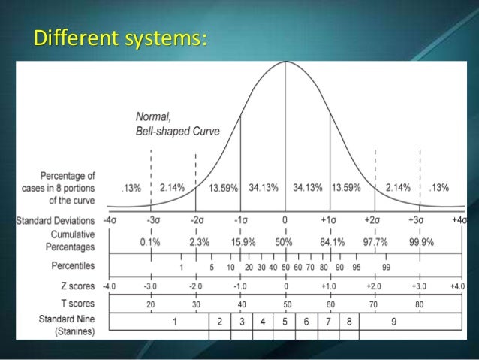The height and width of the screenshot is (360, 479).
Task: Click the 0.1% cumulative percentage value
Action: (x=149, y=242)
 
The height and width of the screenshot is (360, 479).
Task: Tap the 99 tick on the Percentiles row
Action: (x=385, y=267)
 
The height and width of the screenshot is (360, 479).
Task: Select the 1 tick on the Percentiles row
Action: (x=181, y=267)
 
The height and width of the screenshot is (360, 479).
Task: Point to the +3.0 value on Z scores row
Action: (x=419, y=286)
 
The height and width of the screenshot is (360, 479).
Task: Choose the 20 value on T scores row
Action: (x=150, y=306)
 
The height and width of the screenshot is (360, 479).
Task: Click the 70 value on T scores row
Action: (x=374, y=306)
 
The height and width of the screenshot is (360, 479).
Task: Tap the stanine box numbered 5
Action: (x=285, y=322)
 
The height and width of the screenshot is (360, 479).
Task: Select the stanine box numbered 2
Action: (x=219, y=322)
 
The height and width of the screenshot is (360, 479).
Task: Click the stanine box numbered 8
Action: (x=349, y=322)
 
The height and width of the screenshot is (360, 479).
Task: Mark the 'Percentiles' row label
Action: (x=73, y=266)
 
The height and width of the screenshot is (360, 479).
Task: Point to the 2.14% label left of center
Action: (x=172, y=187)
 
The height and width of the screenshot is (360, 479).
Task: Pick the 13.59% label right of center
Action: (x=346, y=187)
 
